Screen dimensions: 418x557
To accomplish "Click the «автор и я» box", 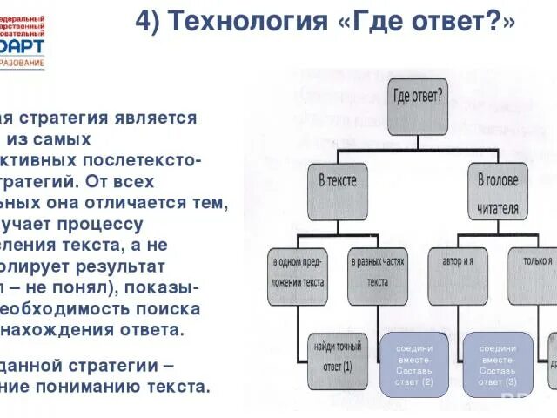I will (x=460, y=261).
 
